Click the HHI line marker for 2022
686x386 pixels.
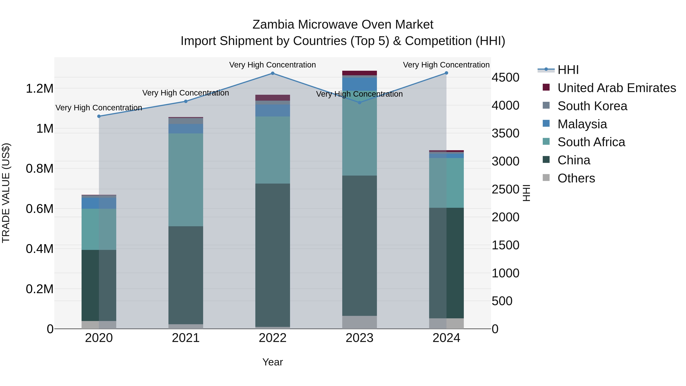272,73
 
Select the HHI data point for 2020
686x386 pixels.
99,116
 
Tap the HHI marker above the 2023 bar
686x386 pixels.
360,102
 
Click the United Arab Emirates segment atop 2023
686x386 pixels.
360,73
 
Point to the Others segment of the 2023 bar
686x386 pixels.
360,322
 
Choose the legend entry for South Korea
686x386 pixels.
592,106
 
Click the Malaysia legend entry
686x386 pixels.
582,124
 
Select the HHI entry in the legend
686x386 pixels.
568,70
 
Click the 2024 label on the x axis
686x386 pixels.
446,338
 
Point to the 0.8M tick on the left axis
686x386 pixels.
39,169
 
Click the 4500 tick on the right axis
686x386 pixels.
505,78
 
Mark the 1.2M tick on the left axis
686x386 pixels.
39,88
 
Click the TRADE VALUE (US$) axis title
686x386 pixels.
6,193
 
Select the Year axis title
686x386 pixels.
272,362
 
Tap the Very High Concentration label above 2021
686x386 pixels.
186,93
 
